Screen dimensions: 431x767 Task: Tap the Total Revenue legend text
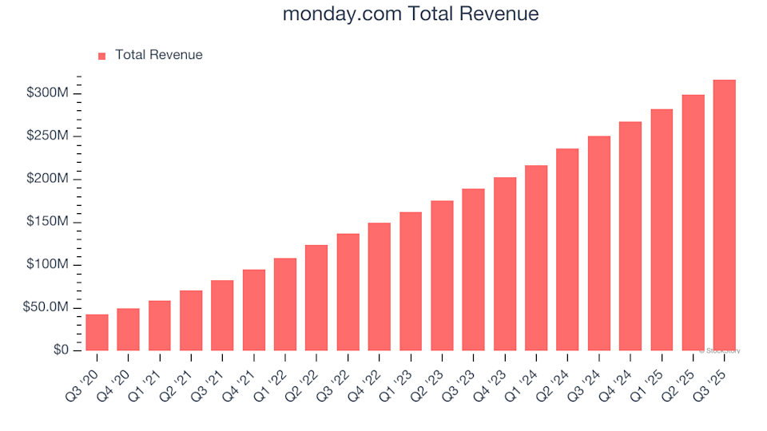[x=158, y=55]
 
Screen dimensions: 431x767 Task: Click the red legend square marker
[x=101, y=56]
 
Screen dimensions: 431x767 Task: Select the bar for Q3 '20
[x=97, y=332]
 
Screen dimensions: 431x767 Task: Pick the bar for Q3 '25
[x=724, y=215]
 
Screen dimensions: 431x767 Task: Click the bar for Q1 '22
[x=285, y=304]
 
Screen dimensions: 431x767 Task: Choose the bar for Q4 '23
[x=505, y=263]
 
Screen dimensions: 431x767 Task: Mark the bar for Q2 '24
[x=567, y=249]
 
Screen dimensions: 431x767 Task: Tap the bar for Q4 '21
[x=254, y=310]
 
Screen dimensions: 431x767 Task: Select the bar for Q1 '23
[x=411, y=281]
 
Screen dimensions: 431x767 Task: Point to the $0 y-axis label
[x=62, y=350]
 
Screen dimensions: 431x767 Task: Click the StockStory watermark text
[x=721, y=350]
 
